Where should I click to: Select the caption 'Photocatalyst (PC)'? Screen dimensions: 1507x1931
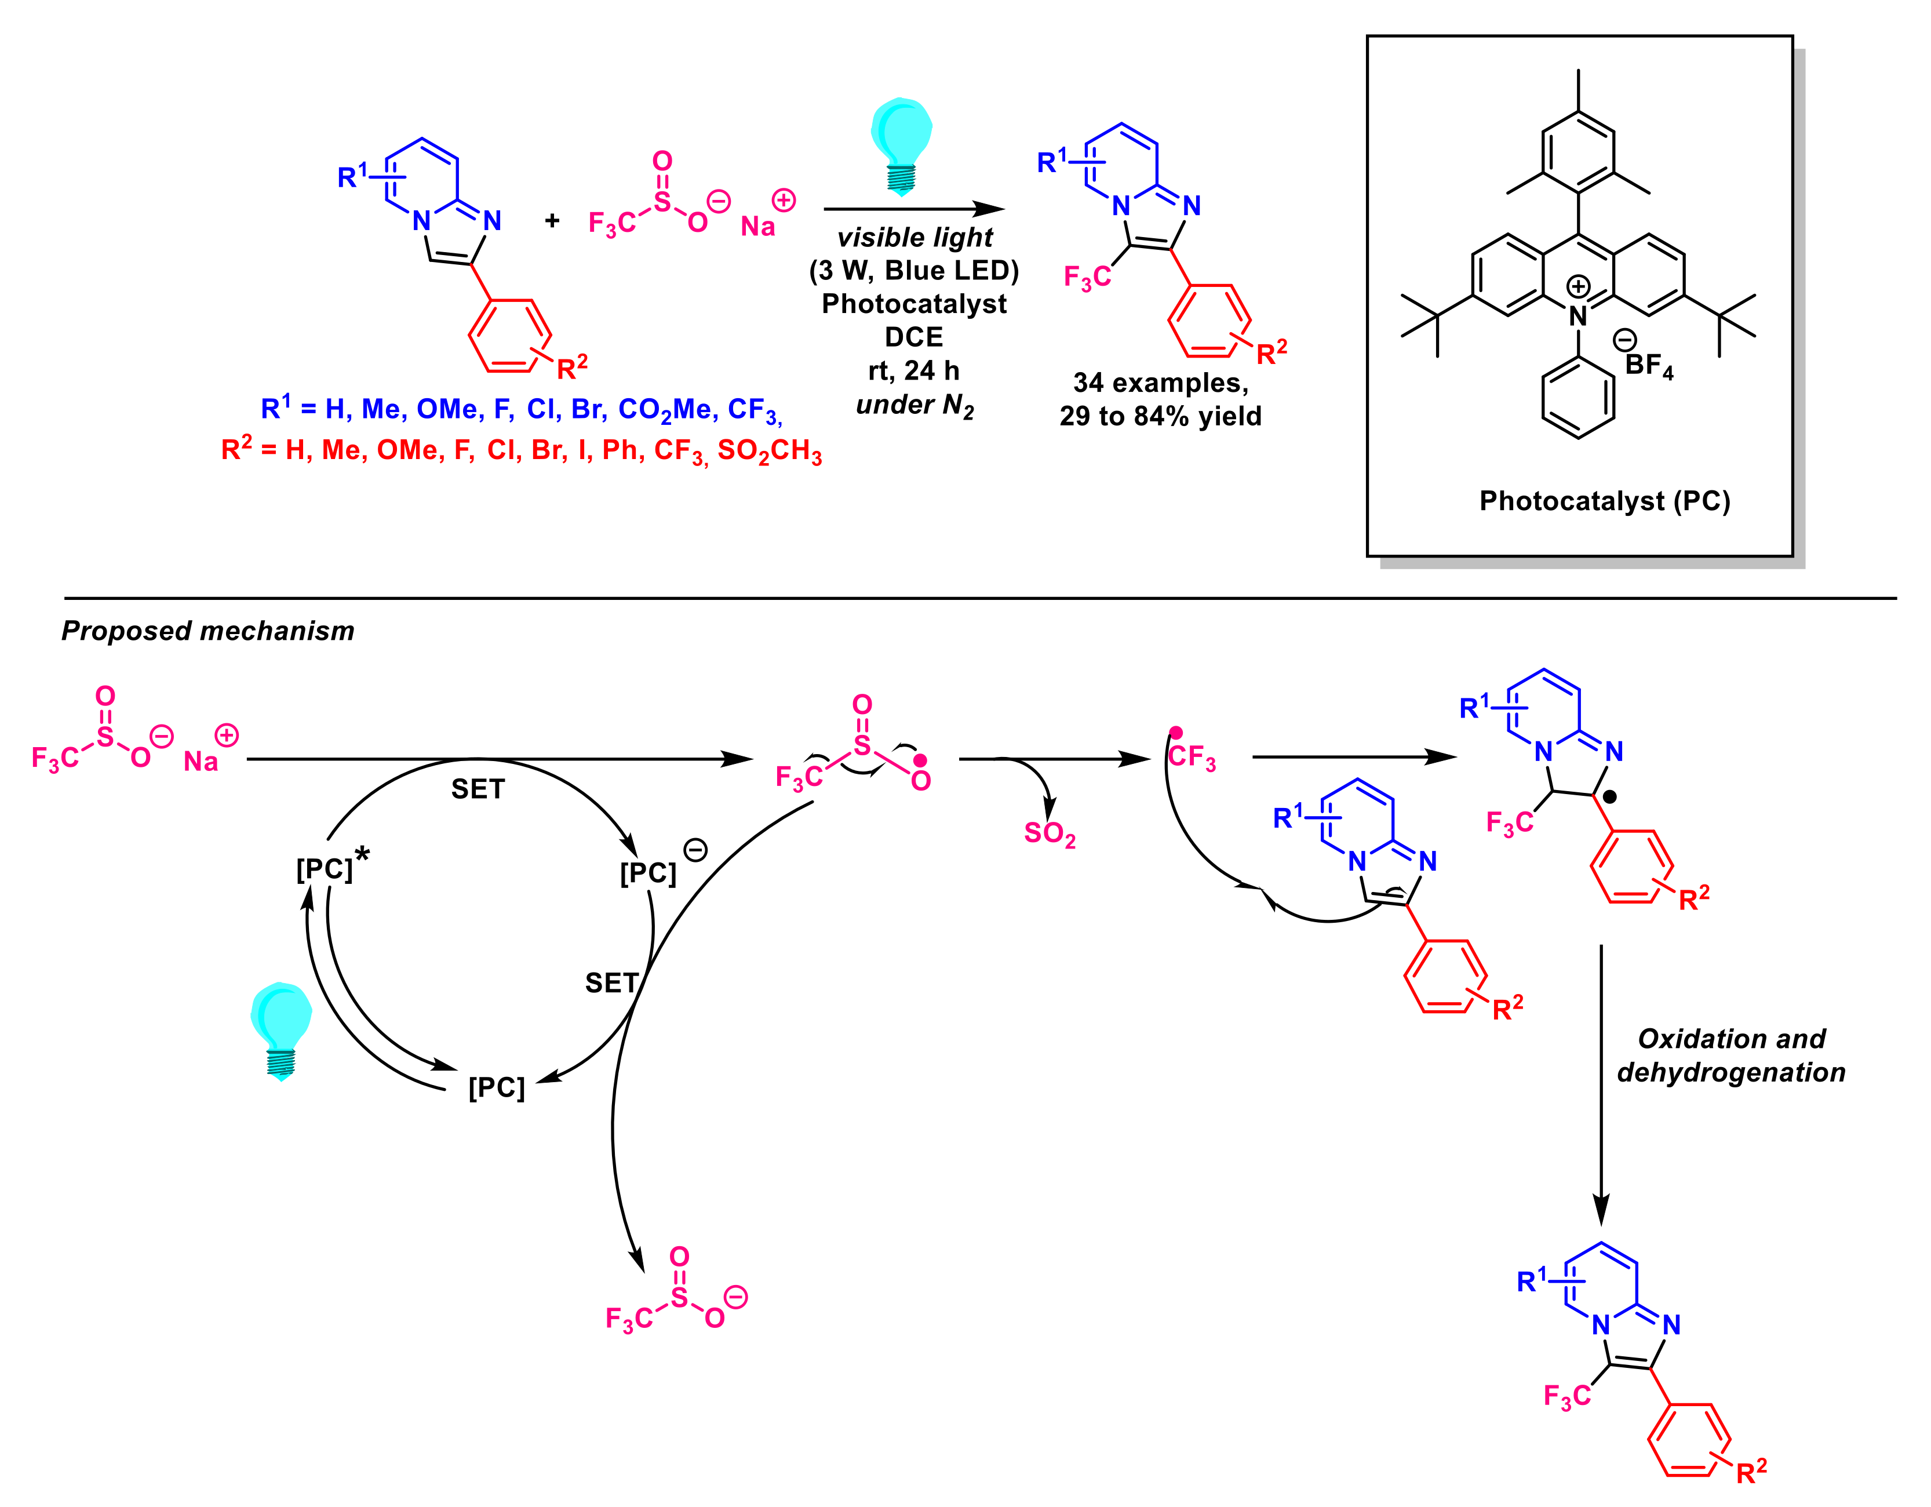(x=1604, y=501)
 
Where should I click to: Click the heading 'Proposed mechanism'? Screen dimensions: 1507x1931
(x=208, y=631)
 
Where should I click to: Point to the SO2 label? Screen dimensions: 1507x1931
(x=1050, y=833)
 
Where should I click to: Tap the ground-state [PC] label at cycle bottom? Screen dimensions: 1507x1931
(x=496, y=1087)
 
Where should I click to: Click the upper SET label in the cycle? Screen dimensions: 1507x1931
(x=478, y=789)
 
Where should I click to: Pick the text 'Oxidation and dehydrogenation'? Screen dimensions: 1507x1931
(x=1730, y=1055)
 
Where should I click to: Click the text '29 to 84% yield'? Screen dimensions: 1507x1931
(x=1160, y=416)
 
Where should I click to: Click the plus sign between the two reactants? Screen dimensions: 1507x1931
(x=552, y=220)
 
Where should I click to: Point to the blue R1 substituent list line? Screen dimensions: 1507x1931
(x=521, y=409)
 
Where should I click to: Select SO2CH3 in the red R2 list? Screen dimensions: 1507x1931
(x=769, y=451)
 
